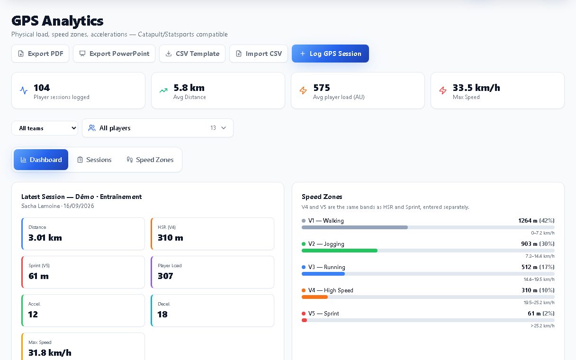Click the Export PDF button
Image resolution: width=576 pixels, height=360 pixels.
(x=40, y=54)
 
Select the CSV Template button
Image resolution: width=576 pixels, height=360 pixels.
(x=192, y=54)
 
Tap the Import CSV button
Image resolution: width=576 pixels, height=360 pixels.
(x=259, y=54)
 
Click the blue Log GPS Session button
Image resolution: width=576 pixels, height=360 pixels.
(x=330, y=54)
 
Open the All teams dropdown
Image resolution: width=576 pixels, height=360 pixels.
(x=45, y=128)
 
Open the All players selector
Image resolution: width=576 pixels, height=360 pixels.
(x=158, y=128)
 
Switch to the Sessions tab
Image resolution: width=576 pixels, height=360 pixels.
(x=94, y=160)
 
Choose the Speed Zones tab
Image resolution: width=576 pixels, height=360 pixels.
(x=150, y=160)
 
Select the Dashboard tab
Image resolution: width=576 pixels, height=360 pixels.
(x=41, y=160)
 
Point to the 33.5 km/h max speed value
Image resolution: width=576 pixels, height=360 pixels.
(x=476, y=88)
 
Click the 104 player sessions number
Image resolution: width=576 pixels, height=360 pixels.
(x=42, y=88)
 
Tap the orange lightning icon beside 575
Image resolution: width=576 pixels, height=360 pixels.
(x=303, y=90)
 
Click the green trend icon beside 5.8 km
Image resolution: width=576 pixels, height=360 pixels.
(x=163, y=90)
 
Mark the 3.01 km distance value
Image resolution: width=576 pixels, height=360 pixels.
(x=45, y=238)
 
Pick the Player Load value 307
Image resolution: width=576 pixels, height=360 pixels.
(x=165, y=276)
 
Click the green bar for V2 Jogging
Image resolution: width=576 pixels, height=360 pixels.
(x=340, y=251)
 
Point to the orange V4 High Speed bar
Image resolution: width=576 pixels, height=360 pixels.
(x=315, y=297)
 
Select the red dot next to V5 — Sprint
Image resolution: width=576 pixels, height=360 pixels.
(x=304, y=314)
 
